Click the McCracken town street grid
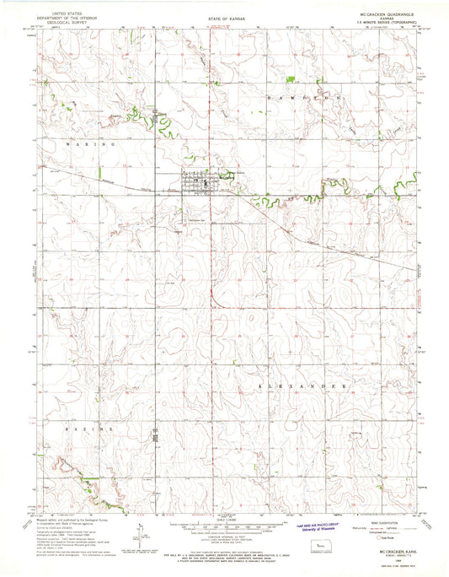(x=199, y=181)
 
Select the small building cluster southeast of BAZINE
(x=155, y=437)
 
